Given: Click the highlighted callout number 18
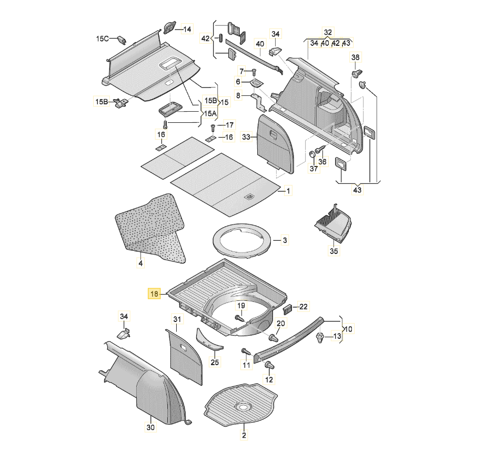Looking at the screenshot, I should (x=154, y=294).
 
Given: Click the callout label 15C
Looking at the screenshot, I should (x=102, y=39).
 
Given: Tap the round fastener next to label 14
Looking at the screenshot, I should (x=170, y=28).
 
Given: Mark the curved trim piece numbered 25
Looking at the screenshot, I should (x=209, y=340).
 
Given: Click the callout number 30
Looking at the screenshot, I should (x=151, y=427).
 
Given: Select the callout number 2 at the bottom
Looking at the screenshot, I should (x=244, y=435).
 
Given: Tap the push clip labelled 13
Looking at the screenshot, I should (x=320, y=338).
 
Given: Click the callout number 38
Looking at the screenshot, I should (x=356, y=57).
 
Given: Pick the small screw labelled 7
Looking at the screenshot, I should (x=254, y=71).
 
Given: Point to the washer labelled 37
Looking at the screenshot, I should (x=312, y=154).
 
